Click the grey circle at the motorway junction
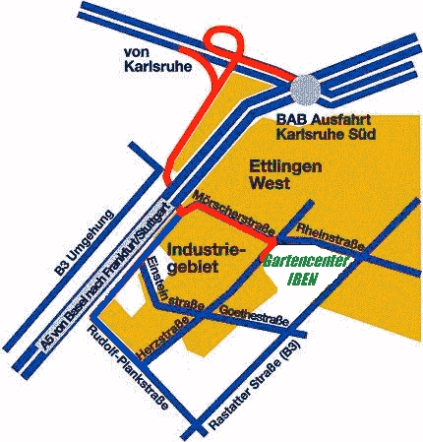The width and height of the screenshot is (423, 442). coord(305,90)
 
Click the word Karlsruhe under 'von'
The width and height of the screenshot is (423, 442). coord(157,67)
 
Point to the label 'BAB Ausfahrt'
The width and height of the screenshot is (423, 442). coord(324,119)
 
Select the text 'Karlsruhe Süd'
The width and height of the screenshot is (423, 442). coord(326,135)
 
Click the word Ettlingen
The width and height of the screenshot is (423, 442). coord(285,166)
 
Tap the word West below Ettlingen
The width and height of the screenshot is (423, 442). coord(270,183)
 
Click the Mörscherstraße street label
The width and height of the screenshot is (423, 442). coord(234,214)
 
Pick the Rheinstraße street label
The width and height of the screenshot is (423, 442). coord(331,236)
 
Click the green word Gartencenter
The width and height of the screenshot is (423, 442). coord(305,262)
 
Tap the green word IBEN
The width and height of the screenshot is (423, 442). coord(303,280)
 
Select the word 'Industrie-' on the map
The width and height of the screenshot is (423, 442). coord(202,251)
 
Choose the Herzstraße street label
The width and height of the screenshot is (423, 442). coord(163,338)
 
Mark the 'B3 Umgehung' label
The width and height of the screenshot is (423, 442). coord(85,243)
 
